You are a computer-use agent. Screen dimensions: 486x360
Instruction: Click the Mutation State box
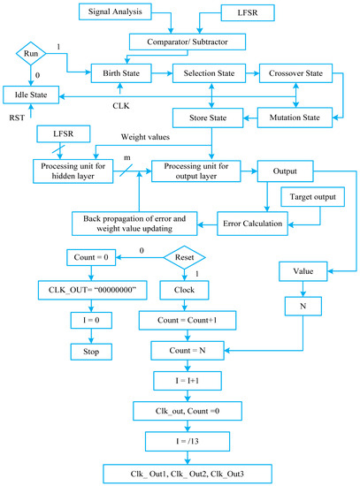295,115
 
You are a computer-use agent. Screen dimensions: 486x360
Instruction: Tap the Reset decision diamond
184,257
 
